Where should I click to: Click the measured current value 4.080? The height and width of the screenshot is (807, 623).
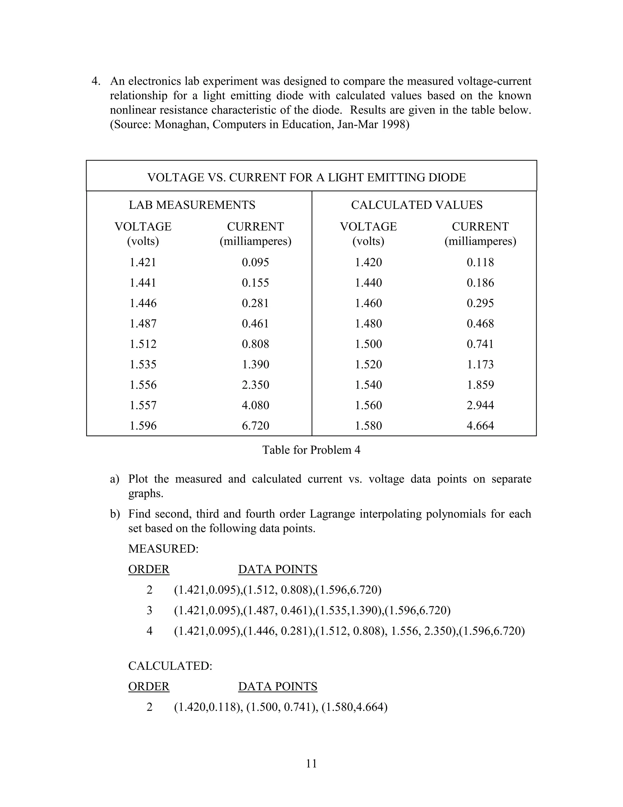coord(256,405)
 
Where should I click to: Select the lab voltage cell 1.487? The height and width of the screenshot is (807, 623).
coord(143,324)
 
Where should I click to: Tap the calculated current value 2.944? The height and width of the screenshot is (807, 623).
coord(480,405)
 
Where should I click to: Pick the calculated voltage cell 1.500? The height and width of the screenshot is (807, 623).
coord(368,344)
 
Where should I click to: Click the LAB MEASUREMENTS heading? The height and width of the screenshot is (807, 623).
coord(192,205)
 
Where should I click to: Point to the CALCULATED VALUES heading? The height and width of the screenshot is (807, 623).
coord(417,205)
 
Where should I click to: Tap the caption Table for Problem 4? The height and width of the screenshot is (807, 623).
coord(311,450)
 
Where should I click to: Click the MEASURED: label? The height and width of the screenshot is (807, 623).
coord(163,549)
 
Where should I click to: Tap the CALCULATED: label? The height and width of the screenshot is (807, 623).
coord(170,666)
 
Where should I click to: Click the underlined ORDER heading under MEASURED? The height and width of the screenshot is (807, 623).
coord(149,569)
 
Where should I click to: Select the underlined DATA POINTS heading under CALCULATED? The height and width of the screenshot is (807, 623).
coord(277,686)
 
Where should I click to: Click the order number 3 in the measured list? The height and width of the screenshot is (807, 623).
coord(149,610)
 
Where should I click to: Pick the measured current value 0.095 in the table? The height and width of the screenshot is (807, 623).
coord(256,263)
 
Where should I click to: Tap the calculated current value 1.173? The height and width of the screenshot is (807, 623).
coord(480,365)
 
